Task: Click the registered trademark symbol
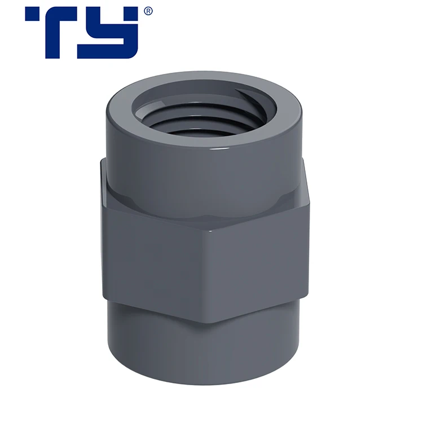148,11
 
